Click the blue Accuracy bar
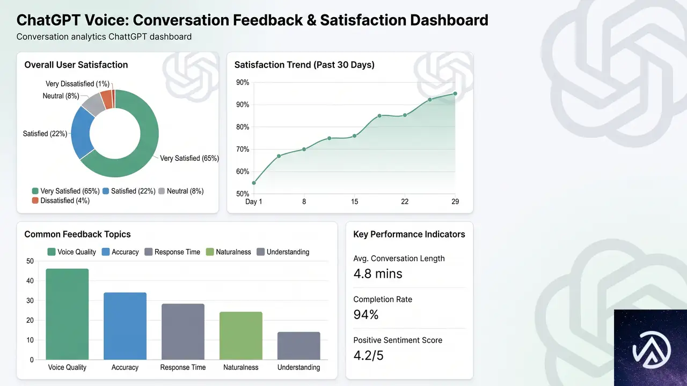[x=125, y=326]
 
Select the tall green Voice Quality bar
[x=67, y=314]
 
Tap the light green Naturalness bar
[x=241, y=336]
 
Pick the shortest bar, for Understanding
[x=299, y=346]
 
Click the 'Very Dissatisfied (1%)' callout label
[x=77, y=84]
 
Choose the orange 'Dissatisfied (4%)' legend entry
[x=61, y=201]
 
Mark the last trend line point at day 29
[x=455, y=94]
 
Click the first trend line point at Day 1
[x=254, y=183]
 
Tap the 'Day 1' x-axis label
[x=254, y=202]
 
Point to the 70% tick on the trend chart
[x=243, y=149]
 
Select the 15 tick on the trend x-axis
[x=354, y=202]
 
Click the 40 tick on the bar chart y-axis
[x=30, y=280]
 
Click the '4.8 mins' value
[x=377, y=273]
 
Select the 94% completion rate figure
[x=366, y=315]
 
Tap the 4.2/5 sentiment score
[x=368, y=355]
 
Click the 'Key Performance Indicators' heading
[x=409, y=234]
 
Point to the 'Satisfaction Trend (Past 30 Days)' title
[x=304, y=65]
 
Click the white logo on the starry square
[x=652, y=350]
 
